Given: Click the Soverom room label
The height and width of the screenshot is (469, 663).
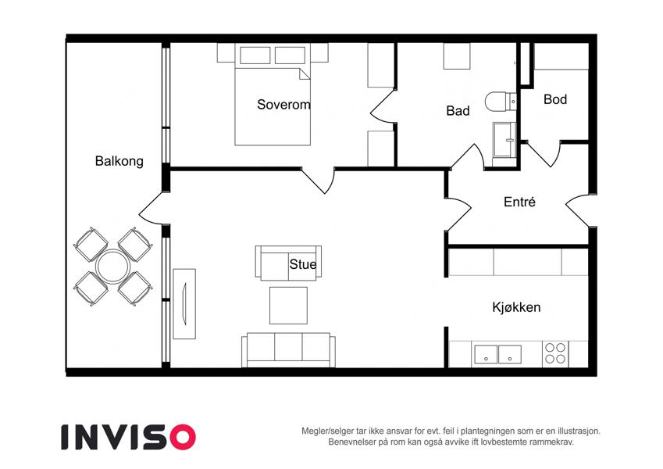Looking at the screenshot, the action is (283, 105).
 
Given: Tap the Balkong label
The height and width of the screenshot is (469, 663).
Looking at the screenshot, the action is (119, 161).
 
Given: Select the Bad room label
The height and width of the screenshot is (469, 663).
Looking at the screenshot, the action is (458, 111).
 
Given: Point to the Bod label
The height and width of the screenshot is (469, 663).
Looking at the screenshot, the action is (555, 99).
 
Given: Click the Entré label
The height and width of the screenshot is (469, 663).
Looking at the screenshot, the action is (519, 202).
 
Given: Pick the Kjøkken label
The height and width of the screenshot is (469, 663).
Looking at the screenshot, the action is (516, 307).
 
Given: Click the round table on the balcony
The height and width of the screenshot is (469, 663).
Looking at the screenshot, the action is (113, 267).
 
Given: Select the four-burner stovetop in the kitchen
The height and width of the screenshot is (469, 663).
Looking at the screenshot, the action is (555, 353).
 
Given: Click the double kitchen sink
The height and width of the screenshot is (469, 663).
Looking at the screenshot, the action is (497, 354).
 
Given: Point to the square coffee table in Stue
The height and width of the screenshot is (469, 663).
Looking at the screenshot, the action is (288, 305).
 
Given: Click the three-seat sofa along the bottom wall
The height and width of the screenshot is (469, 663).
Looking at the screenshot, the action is (288, 349).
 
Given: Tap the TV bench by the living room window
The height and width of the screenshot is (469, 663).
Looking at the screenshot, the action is (184, 303).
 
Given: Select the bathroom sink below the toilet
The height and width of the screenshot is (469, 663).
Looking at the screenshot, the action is (504, 140).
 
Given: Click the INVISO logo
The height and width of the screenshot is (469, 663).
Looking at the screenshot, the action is (129, 437).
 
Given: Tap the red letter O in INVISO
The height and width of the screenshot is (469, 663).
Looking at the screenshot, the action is (183, 437).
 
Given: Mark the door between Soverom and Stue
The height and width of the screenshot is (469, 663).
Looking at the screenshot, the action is (318, 181).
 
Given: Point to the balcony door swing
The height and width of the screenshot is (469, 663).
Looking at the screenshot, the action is (151, 207).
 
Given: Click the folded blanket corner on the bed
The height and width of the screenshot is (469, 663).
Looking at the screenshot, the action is (305, 73).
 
